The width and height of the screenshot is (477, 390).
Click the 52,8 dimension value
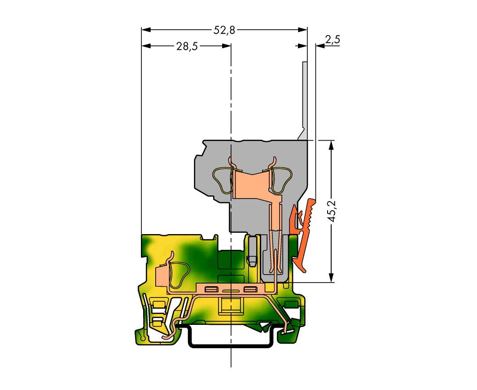pyautogui.click(x=223, y=30)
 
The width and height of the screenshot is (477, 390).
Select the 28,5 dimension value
pyautogui.click(x=187, y=47)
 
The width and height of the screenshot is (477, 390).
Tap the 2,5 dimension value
pyautogui.click(x=332, y=40)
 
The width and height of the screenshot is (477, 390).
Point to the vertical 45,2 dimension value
pyautogui.click(x=332, y=211)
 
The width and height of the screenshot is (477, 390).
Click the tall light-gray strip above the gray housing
pyautogui.click(x=305, y=99)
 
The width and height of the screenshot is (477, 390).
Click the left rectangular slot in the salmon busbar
pyautogui.click(x=210, y=289)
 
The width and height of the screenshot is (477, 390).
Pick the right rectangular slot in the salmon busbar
pyautogui.click(x=249, y=289)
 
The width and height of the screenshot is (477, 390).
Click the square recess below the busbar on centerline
pyautogui.click(x=230, y=307)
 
